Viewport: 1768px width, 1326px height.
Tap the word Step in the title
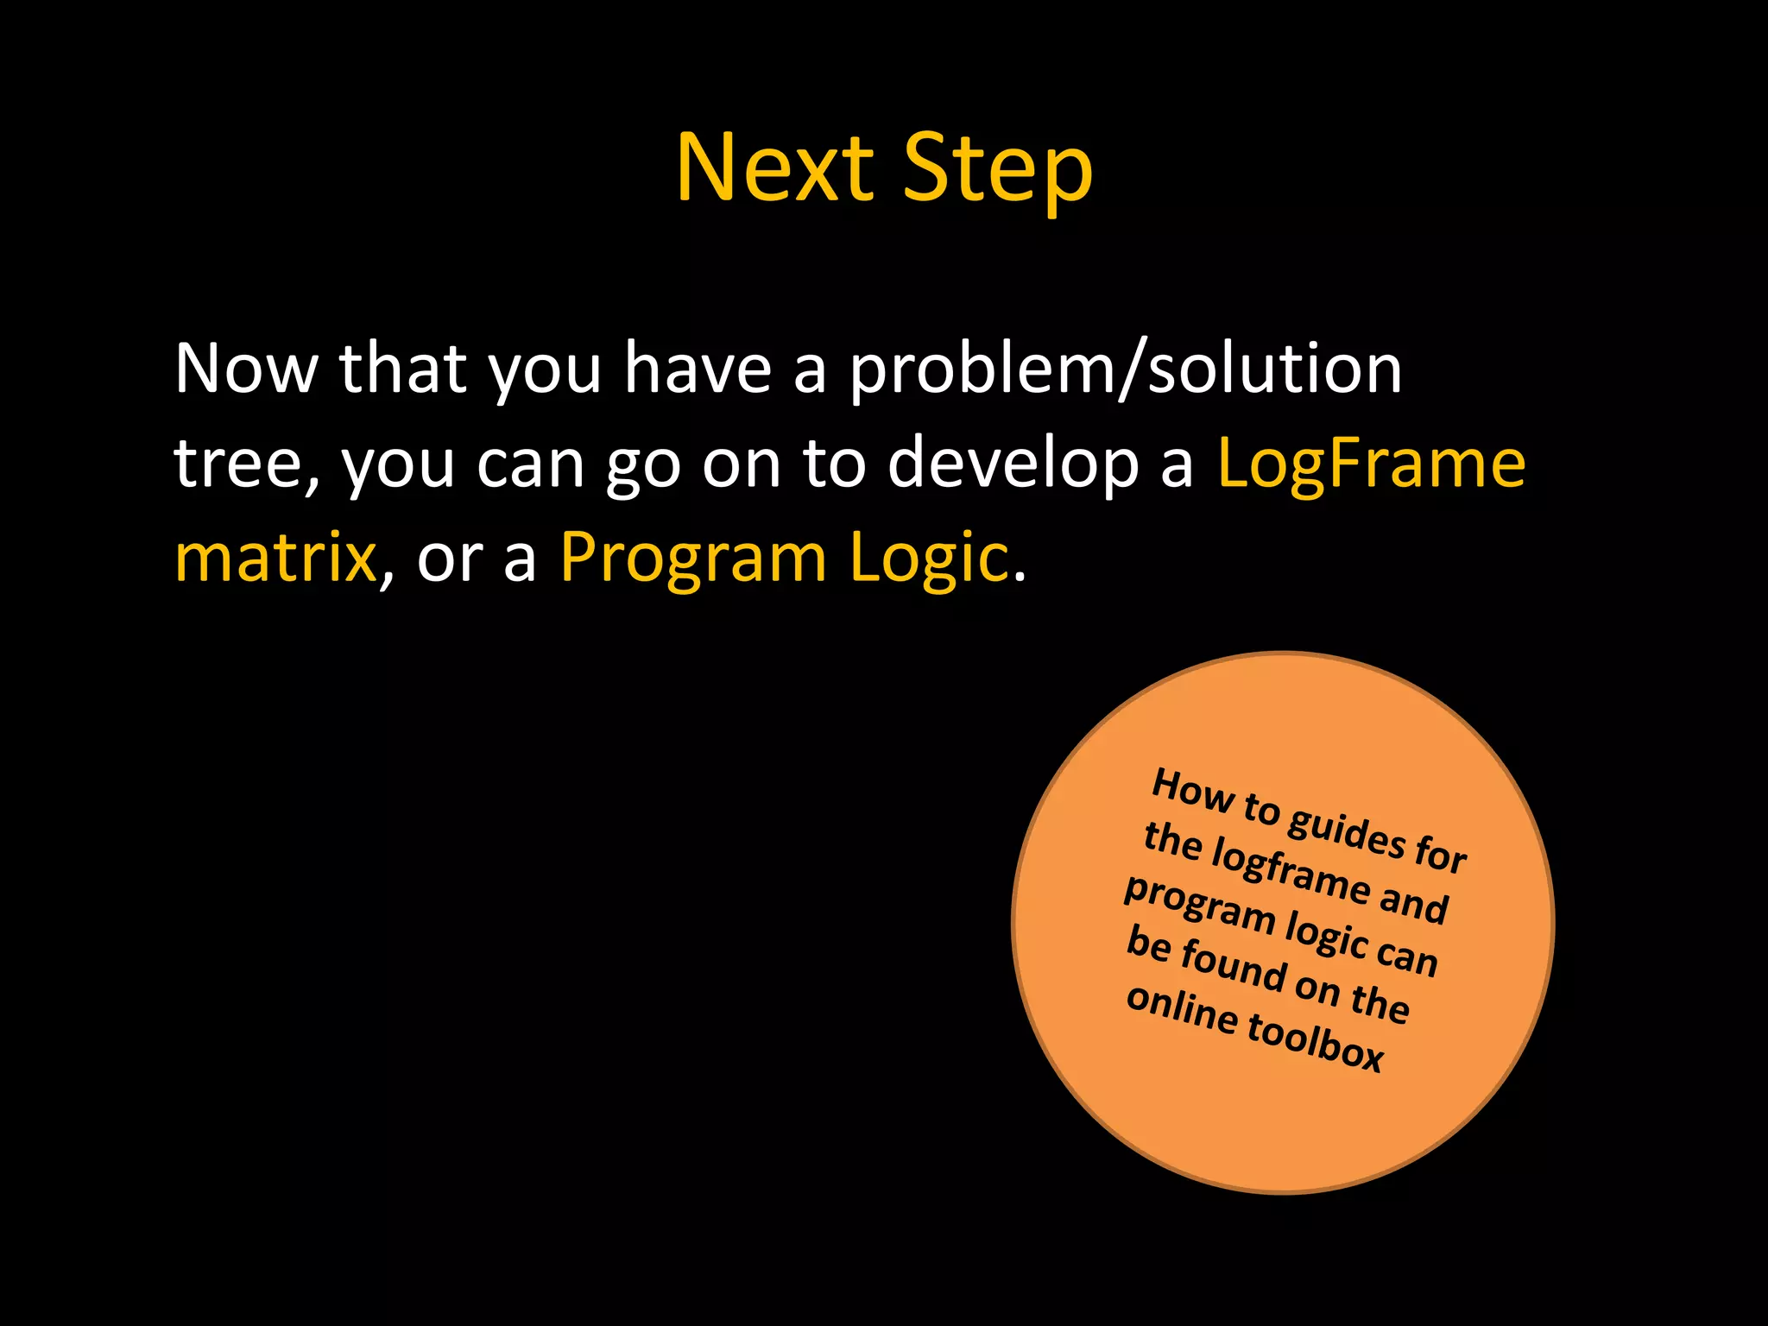click(x=997, y=170)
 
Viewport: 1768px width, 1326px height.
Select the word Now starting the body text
click(x=246, y=369)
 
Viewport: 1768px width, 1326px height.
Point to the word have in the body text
click(x=698, y=369)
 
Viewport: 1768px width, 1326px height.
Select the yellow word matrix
click(x=275, y=559)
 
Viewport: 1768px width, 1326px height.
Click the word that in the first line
click(x=403, y=369)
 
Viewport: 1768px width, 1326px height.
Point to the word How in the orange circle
click(x=1192, y=790)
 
